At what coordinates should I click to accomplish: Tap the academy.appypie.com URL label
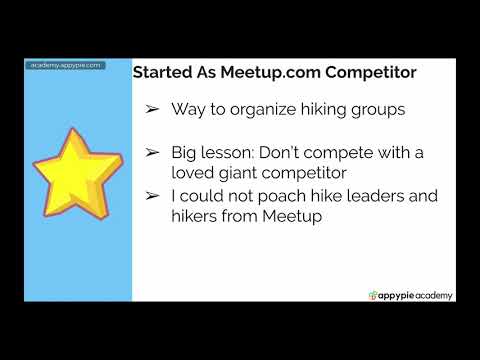point(66,65)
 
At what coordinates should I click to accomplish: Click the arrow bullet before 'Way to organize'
point(152,108)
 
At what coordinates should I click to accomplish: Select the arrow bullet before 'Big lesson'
point(152,152)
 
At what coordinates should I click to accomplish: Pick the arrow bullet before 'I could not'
point(152,196)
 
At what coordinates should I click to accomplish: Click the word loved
point(200,172)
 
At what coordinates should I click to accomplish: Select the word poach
point(282,196)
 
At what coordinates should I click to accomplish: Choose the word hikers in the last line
point(200,216)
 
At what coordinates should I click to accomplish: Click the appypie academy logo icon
point(374,295)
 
